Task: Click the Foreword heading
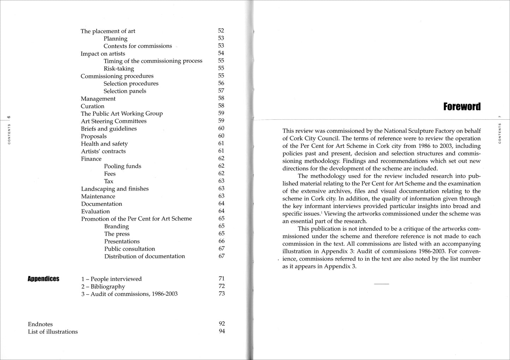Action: [x=462, y=107]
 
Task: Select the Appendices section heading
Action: [x=43, y=279]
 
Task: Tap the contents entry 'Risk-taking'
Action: [x=119, y=68]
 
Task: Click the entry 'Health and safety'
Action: [x=104, y=144]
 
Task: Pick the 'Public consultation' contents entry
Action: [x=130, y=249]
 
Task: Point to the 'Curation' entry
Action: [x=92, y=106]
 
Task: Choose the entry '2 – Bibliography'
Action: [x=103, y=287]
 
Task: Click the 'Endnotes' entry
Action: [x=40, y=324]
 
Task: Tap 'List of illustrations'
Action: [x=53, y=332]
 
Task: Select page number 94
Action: [x=222, y=331]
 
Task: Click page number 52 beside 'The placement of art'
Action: [x=221, y=31]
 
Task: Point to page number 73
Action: [x=222, y=293]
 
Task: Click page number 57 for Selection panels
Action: [x=221, y=91]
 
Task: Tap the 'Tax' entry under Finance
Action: [x=109, y=181]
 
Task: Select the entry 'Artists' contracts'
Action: [x=103, y=151]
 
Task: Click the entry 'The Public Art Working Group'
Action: [x=122, y=114]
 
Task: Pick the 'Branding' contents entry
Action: [x=116, y=227]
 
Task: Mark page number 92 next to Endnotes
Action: [x=222, y=323]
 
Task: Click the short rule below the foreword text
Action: [x=381, y=284]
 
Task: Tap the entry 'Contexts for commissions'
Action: [x=138, y=46]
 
